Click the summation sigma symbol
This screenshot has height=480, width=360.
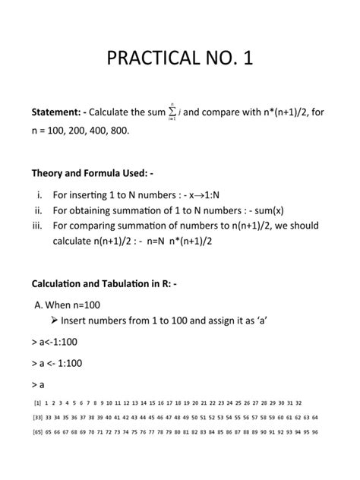(x=173, y=113)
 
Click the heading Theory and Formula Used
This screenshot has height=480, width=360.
(x=92, y=173)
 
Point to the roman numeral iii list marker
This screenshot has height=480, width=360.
(x=40, y=226)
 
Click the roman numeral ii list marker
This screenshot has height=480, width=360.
(x=41, y=210)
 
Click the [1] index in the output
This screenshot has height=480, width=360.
(x=36, y=403)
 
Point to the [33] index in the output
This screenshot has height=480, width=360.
(x=38, y=417)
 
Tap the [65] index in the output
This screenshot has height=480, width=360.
(x=38, y=431)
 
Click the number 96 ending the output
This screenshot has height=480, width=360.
(x=314, y=431)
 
